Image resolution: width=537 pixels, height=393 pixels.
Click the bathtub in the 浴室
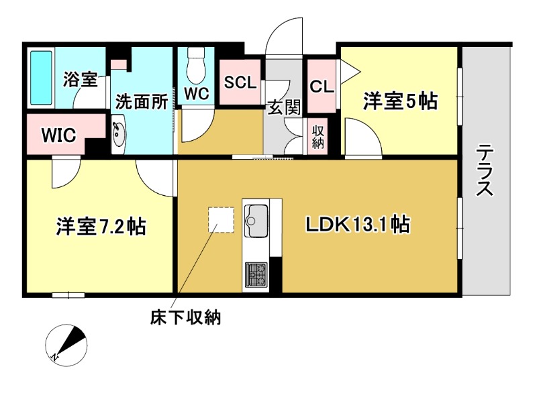[41, 78]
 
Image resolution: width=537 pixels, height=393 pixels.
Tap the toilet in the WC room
[196, 66]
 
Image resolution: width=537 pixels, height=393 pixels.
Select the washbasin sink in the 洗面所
[119, 135]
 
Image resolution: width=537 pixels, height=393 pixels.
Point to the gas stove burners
[256, 275]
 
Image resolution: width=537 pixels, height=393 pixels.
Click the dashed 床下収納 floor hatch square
[222, 219]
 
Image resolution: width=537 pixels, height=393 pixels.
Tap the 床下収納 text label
[185, 318]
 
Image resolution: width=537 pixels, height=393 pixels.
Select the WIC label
[58, 135]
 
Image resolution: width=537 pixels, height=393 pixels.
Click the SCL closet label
[240, 82]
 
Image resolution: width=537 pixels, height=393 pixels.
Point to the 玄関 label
[284, 107]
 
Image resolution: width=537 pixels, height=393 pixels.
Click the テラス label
[485, 170]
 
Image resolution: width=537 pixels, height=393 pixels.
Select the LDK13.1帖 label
[357, 225]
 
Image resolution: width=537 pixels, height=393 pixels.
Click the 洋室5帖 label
[400, 101]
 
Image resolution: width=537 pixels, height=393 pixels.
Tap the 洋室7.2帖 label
[101, 226]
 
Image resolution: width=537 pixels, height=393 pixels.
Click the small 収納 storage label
[318, 137]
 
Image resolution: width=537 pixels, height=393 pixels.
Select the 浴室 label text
[80, 79]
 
